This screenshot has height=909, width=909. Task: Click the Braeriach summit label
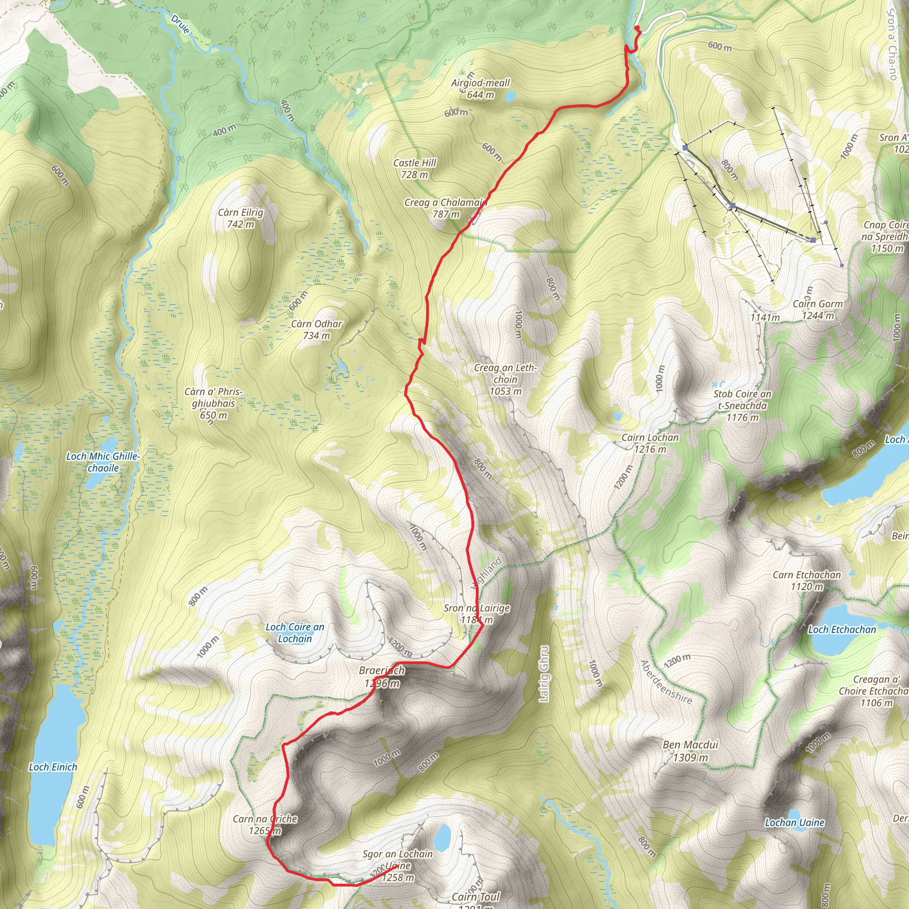tap(382, 676)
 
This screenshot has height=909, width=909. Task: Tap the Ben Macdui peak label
tap(690, 751)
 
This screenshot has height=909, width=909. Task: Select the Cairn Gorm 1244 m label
tap(818, 310)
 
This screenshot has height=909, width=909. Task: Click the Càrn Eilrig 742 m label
tap(241, 218)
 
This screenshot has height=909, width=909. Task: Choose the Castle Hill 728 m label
tap(415, 168)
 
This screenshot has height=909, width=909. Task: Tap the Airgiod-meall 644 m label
tap(480, 88)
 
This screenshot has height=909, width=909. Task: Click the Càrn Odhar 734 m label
tap(316, 329)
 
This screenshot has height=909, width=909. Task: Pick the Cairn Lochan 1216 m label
tap(650, 443)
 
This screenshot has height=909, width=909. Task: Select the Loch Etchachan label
tap(842, 629)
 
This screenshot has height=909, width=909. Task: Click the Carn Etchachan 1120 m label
tap(806, 581)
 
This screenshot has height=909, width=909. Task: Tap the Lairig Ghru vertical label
tap(544, 674)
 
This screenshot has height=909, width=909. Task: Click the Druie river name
tap(180, 24)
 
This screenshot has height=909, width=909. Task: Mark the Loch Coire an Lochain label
tap(295, 633)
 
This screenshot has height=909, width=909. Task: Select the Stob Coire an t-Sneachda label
tap(743, 406)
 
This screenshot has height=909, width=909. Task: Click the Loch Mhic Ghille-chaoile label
tap(103, 462)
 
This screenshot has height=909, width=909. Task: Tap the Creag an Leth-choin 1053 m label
tap(505, 379)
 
